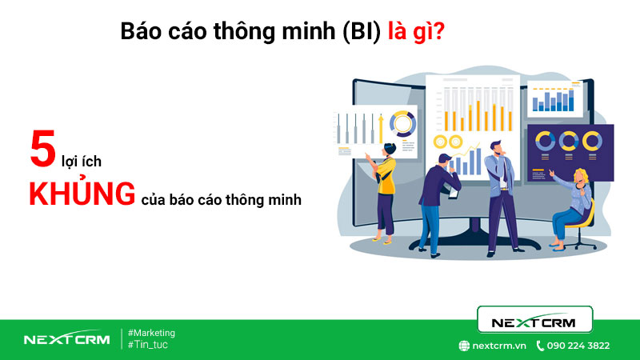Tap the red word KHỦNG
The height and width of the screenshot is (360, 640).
[81, 194]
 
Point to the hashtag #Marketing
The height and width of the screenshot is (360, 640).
[151, 333]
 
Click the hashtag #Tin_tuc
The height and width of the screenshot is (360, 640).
[148, 345]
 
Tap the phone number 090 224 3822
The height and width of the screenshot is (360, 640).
[578, 346]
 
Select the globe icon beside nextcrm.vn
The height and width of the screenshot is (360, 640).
[463, 346]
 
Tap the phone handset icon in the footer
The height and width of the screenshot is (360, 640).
[540, 346]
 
